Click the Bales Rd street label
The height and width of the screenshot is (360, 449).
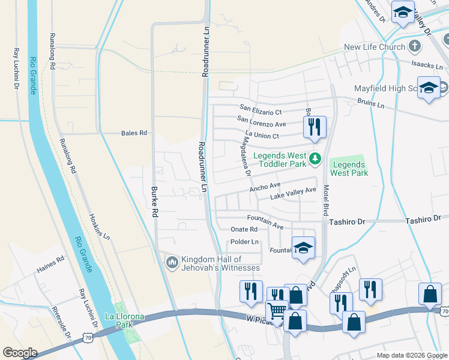click(x=134, y=133)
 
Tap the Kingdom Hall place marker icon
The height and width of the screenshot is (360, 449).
click(x=172, y=262)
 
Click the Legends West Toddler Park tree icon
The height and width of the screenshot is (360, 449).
click(x=316, y=159)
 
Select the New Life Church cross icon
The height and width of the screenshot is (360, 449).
click(x=415, y=47)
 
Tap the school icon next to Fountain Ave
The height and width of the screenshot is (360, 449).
click(x=304, y=247)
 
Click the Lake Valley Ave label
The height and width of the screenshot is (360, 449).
click(x=293, y=194)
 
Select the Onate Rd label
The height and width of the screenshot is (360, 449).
click(x=244, y=229)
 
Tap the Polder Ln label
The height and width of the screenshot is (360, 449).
click(x=244, y=242)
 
